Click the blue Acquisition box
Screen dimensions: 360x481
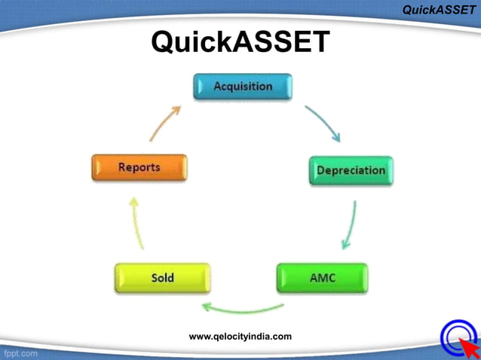(x=242, y=87)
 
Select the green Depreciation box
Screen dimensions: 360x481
(x=351, y=171)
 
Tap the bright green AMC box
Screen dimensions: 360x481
(x=322, y=278)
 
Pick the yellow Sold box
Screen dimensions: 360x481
(x=161, y=278)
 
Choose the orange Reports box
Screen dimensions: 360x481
(x=139, y=167)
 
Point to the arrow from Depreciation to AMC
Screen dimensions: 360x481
(x=348, y=225)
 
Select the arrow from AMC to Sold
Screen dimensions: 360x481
(x=242, y=308)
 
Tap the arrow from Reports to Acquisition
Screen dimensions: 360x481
(x=165, y=122)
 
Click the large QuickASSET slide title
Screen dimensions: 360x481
(x=240, y=41)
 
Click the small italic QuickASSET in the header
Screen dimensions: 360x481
(x=439, y=10)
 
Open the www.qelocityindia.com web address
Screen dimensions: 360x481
(x=240, y=337)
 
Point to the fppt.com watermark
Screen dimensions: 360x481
(x=20, y=352)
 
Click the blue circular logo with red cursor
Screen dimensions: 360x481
(x=457, y=337)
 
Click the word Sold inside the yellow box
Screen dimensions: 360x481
(x=162, y=278)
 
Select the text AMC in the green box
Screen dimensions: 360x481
(x=323, y=278)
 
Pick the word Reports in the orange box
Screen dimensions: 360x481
(x=139, y=167)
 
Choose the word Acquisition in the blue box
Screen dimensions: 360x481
(x=243, y=86)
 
